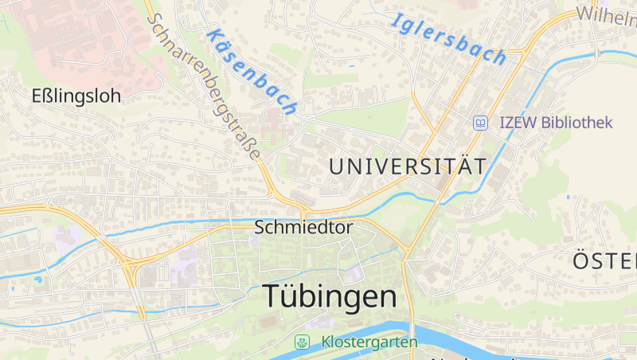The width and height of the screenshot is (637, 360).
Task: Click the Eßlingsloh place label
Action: point(76,96)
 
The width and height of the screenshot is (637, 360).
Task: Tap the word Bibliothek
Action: point(576,123)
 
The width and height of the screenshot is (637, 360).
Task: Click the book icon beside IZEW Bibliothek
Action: point(481,123)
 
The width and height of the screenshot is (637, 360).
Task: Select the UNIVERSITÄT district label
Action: point(407,166)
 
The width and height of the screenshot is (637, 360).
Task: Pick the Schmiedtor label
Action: point(303,227)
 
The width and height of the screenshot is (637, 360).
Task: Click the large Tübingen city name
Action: point(330,296)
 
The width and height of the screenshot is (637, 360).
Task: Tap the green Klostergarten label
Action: point(369,342)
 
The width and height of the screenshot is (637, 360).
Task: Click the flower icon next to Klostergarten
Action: point(302,342)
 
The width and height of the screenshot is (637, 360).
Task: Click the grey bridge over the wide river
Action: point(412,331)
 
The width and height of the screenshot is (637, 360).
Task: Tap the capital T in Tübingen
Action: point(272,296)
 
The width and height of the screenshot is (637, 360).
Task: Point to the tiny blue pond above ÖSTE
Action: point(568,197)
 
